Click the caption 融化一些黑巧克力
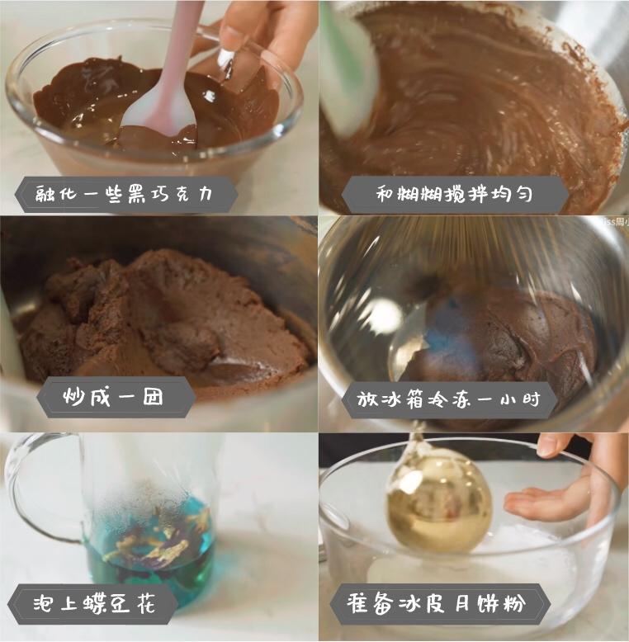coord(125,195)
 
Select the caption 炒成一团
coord(114,397)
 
